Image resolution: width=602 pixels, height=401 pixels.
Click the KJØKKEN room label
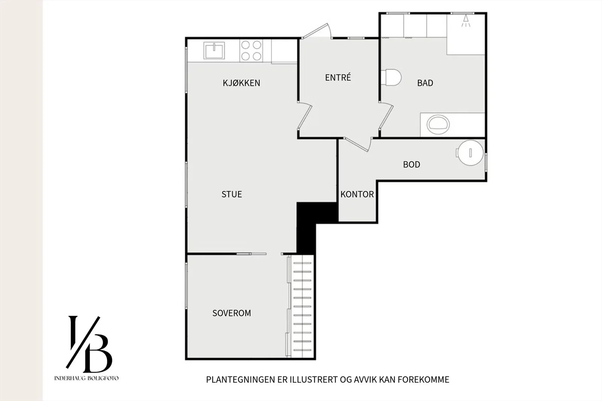pyautogui.click(x=241, y=83)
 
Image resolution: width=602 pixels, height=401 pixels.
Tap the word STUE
pyautogui.click(x=232, y=194)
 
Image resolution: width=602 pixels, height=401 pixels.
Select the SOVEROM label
pyautogui.click(x=232, y=313)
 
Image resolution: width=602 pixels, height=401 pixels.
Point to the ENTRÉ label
pyautogui.click(x=338, y=77)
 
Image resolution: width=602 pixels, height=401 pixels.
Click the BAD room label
pyautogui.click(x=425, y=83)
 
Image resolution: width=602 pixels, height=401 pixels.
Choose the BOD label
pyautogui.click(x=412, y=164)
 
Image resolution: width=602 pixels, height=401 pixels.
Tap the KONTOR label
pyautogui.click(x=357, y=194)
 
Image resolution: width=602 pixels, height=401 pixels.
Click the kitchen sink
pyautogui.click(x=214, y=50)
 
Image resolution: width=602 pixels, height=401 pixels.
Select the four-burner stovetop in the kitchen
pyautogui.click(x=251, y=50)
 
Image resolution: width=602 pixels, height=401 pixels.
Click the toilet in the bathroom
pyautogui.click(x=391, y=77)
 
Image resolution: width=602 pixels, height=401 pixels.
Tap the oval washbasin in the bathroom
pyautogui.click(x=438, y=125)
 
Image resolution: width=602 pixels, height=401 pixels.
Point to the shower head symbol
pyautogui.click(x=466, y=21)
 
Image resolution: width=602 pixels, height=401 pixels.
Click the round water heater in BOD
pyautogui.click(x=470, y=153)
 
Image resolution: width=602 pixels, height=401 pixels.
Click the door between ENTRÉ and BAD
pyautogui.click(x=386, y=115)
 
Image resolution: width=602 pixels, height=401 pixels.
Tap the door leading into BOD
pyautogui.click(x=357, y=144)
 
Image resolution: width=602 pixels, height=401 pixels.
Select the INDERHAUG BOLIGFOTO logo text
pyautogui.click(x=86, y=378)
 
